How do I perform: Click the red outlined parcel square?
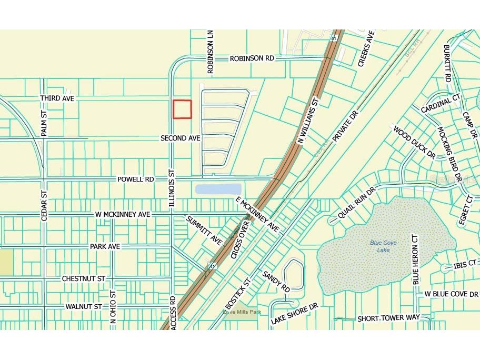[x=182, y=109]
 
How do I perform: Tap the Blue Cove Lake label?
[x=383, y=246]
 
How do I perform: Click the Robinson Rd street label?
[x=252, y=59]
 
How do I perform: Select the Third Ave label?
[x=58, y=98]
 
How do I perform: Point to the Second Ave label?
[x=181, y=138]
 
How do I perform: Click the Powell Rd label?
[x=136, y=179]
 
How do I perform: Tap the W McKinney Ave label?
[x=123, y=215]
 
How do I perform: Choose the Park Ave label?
[x=105, y=246]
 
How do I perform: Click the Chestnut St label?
[x=84, y=278]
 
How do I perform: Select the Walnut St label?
[x=84, y=306]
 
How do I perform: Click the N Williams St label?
[x=309, y=121]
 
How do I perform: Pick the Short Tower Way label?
[x=388, y=318]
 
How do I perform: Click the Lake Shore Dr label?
[x=295, y=314]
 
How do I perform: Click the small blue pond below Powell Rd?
[x=218, y=189]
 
